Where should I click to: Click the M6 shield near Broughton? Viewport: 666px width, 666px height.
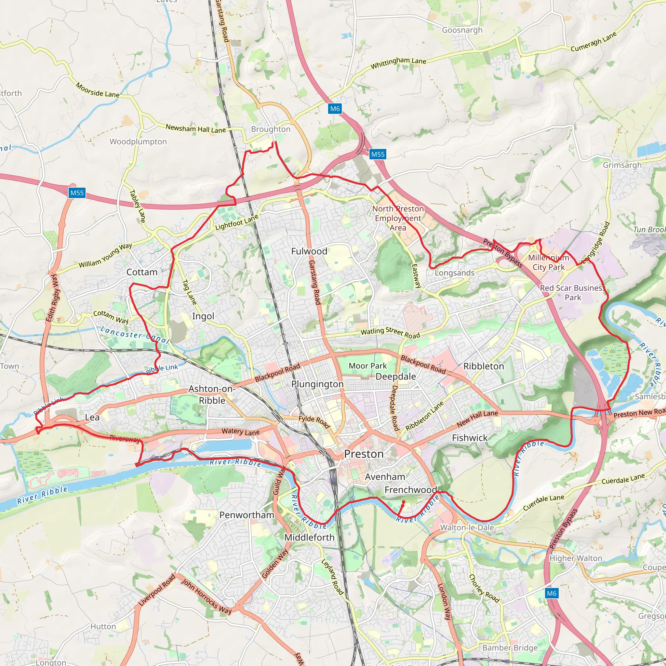(335, 109)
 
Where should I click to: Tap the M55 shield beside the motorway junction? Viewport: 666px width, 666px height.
(378, 154)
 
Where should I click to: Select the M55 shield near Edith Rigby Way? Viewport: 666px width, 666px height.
(77, 193)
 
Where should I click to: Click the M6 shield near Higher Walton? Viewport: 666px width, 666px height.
(551, 593)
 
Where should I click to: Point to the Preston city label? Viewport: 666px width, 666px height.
(364, 454)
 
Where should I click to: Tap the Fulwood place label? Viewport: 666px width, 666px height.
(309, 251)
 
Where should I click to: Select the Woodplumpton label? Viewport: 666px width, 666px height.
(138, 141)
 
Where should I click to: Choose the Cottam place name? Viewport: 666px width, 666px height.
(142, 272)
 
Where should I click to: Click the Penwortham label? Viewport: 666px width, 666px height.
(246, 515)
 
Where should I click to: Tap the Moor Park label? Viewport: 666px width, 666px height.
(367, 366)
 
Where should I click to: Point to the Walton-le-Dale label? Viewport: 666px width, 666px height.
(467, 527)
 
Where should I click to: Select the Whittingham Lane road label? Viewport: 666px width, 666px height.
(398, 63)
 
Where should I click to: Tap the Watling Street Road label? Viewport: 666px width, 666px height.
(390, 333)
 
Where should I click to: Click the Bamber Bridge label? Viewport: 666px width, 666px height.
(510, 648)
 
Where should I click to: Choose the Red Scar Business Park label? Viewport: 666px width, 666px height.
(572, 292)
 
